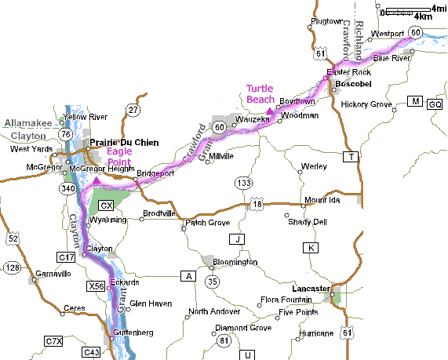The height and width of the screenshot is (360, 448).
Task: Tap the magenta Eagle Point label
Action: click(x=119, y=157)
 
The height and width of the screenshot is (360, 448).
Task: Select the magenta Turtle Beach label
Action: click(x=260, y=94)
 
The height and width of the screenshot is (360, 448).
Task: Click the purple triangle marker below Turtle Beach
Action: click(x=270, y=111)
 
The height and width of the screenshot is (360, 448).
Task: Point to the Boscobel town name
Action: click(x=353, y=84)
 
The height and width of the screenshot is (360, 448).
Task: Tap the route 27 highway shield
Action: click(x=135, y=109)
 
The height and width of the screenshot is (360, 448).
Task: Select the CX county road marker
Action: click(x=107, y=205)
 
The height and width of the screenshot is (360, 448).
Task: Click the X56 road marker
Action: click(x=96, y=287)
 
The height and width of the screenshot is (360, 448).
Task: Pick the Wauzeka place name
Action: click(x=253, y=119)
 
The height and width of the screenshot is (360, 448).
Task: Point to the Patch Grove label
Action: click(x=207, y=223)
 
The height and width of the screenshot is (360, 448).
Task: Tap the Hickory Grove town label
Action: click(x=371, y=104)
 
